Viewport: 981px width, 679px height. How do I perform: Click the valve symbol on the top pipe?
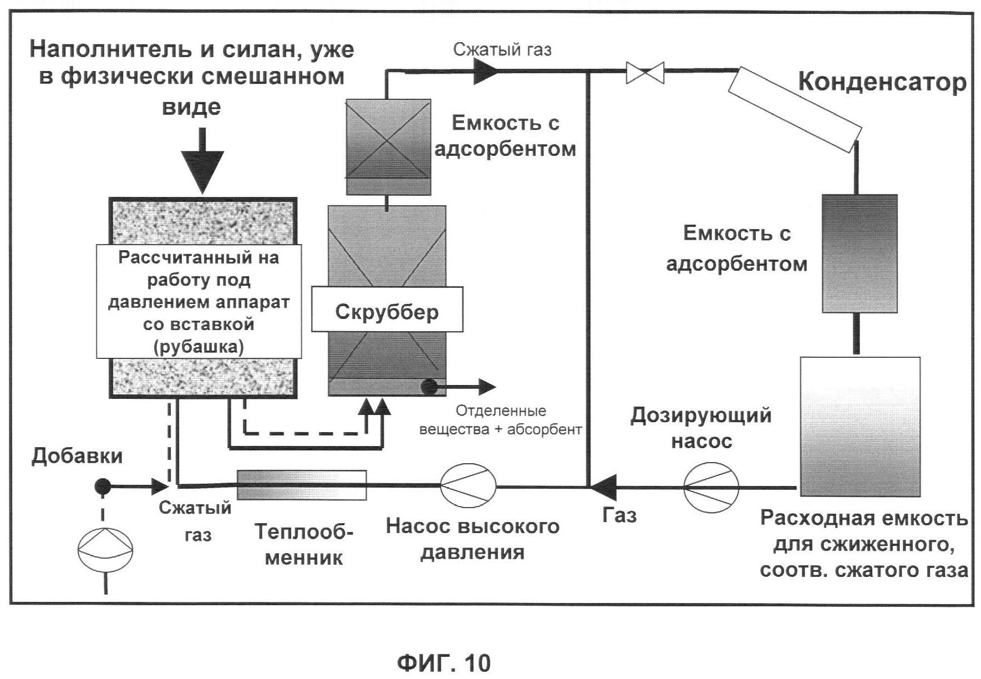point(645,73)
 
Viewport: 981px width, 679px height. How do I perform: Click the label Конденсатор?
point(882,82)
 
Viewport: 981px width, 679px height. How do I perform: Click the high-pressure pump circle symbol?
point(468,486)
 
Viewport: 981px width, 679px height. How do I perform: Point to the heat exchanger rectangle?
point(301,484)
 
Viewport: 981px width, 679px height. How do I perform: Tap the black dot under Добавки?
point(103,487)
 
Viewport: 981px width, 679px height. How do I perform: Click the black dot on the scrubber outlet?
point(428,386)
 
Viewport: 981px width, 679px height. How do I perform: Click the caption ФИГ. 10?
point(444,662)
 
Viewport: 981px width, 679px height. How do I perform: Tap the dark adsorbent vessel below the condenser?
point(859,253)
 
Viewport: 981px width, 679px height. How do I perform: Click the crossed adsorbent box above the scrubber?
point(388,146)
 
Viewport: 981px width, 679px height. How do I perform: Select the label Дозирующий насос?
point(701,428)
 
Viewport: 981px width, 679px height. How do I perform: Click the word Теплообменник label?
point(303,544)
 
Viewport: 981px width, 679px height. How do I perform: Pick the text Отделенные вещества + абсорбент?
point(500,420)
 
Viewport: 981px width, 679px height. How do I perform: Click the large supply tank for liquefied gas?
point(860,426)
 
